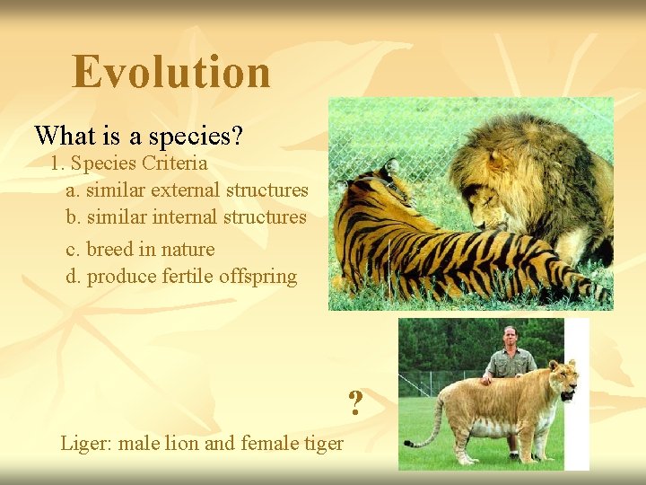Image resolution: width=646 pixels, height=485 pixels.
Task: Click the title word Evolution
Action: tap(171, 72)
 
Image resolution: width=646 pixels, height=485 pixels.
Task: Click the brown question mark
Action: tap(355, 403)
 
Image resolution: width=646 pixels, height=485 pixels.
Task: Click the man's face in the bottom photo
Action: tap(511, 338)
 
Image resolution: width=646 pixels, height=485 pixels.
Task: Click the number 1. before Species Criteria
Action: tap(58, 163)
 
